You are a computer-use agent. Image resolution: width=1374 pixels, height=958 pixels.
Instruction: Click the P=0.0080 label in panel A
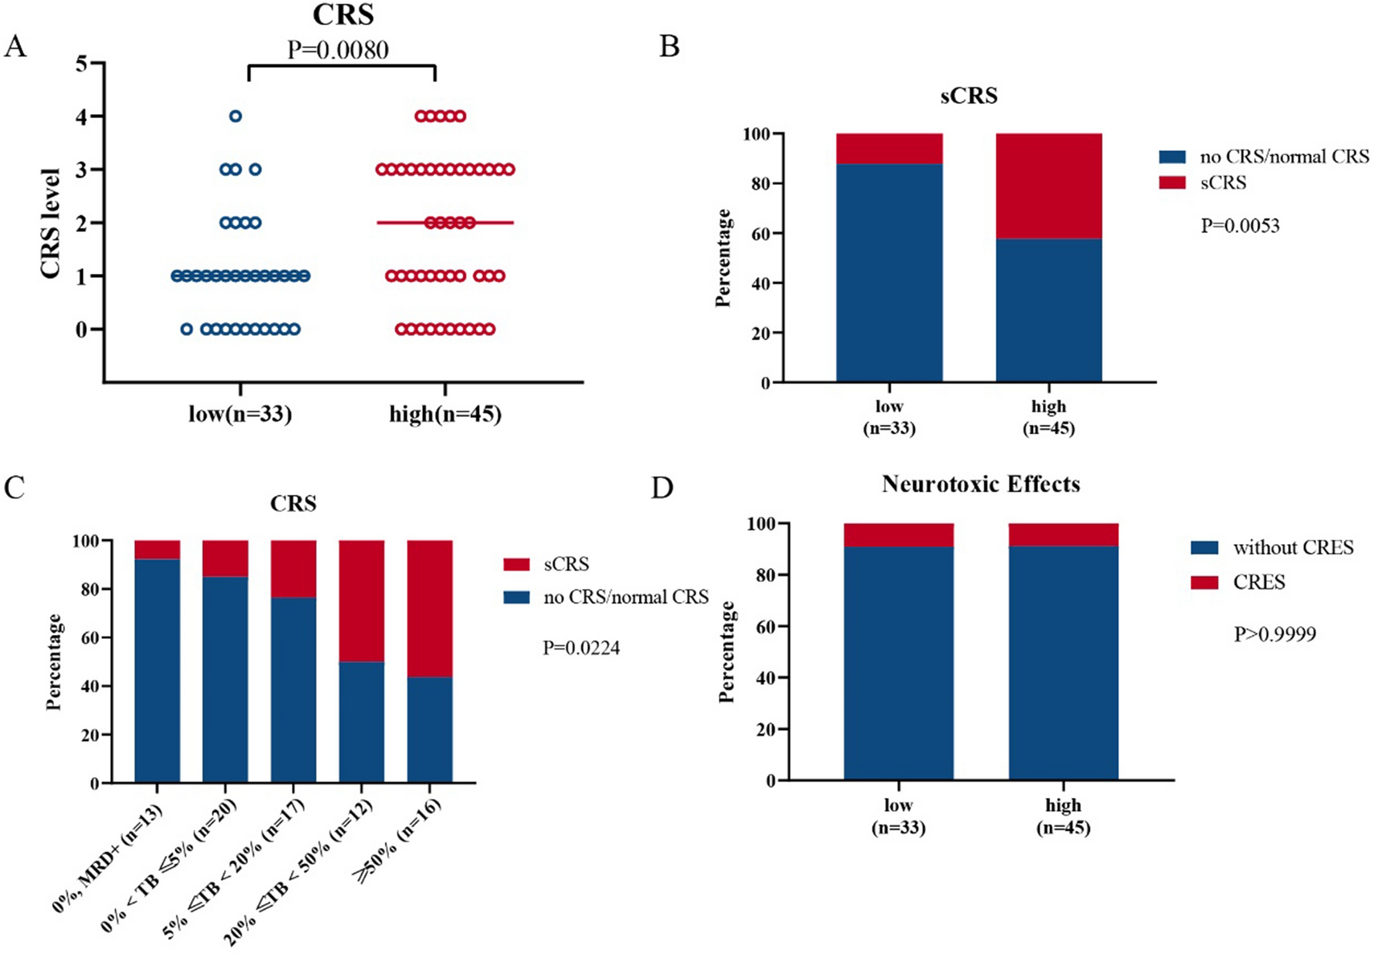point(338,50)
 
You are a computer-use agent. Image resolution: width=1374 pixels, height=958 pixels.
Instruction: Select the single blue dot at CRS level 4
point(236,117)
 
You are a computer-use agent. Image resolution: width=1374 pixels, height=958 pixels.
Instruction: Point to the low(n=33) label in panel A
point(240,414)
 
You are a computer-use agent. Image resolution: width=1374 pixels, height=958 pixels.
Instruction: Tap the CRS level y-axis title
point(51,223)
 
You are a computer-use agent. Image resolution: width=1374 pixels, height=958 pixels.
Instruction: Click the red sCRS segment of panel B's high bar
point(1048,186)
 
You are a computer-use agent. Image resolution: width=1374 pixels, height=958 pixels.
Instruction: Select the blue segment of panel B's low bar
point(889,273)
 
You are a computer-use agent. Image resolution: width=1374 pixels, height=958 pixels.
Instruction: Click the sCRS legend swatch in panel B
point(1171,183)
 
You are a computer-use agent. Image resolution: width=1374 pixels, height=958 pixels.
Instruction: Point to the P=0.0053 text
point(1240,226)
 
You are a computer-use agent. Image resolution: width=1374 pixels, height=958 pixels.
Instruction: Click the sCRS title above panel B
point(969,96)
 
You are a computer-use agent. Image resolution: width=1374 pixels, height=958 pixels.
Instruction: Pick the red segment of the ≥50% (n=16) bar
point(429,608)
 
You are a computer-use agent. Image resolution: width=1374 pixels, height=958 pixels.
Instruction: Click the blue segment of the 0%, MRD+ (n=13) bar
point(157,671)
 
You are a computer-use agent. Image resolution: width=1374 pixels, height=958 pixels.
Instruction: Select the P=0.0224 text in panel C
point(580,648)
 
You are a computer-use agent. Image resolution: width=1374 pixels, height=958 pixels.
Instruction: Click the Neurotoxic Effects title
point(980,484)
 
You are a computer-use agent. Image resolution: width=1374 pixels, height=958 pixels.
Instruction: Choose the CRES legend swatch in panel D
point(1204,582)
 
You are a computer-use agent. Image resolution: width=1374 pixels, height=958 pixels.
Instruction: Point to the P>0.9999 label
point(1274,634)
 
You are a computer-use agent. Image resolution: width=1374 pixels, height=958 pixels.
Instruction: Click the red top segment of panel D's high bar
point(1063,534)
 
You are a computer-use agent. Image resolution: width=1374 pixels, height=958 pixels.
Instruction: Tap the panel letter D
point(662,488)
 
